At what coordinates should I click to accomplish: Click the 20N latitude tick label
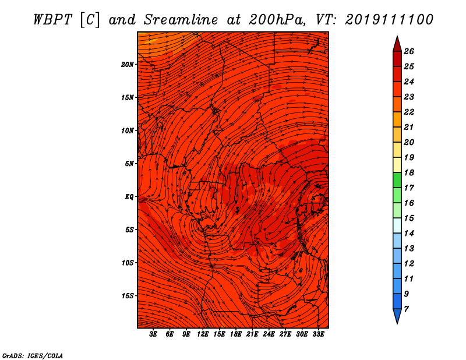point(128,65)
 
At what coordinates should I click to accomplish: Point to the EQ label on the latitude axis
point(129,197)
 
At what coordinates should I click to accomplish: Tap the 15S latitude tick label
point(128,296)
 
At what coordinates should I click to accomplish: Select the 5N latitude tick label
point(129,164)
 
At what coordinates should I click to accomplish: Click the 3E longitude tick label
point(153,334)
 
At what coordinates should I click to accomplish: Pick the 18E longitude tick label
point(236,334)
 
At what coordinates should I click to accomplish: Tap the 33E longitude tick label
point(318,334)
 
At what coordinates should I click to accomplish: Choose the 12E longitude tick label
point(203,334)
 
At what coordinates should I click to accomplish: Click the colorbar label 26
point(409,51)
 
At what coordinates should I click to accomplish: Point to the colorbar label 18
point(409,172)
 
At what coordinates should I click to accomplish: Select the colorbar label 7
point(406,309)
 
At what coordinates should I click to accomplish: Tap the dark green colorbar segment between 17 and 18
point(397,180)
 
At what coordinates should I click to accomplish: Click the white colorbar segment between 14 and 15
point(397,225)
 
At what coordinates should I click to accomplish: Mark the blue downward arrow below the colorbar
point(397,316)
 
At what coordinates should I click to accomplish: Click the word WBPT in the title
point(52,20)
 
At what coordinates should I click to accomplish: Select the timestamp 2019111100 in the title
point(389,20)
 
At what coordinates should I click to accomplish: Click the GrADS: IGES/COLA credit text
point(33,356)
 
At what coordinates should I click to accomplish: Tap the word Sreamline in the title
point(181,20)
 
